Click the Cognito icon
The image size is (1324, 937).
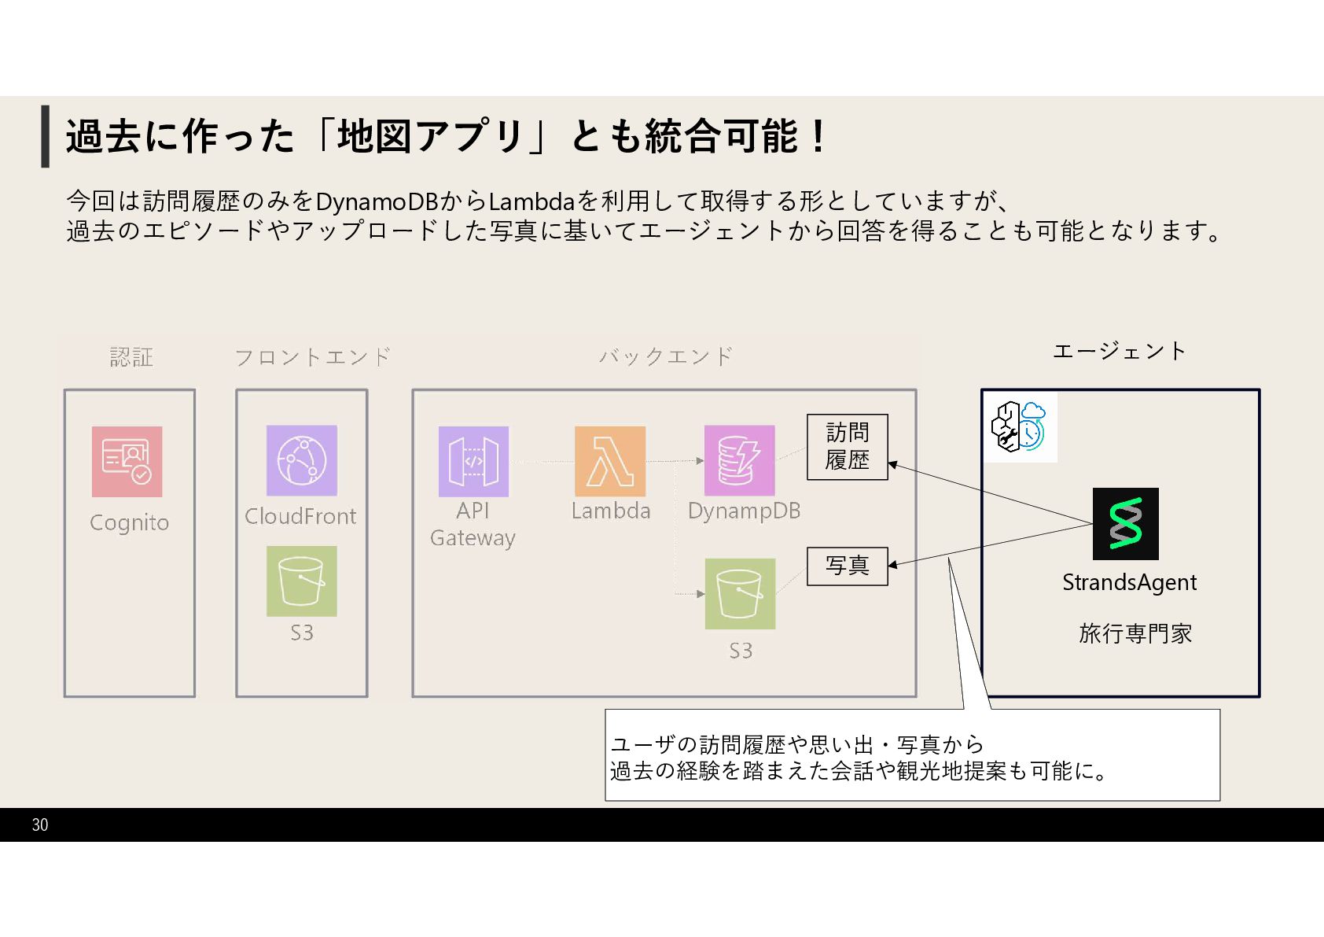127,462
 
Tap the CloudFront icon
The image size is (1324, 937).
301,460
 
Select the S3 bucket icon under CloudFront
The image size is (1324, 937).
301,581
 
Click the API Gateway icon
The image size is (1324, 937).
473,462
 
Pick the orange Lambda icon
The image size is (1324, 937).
610,462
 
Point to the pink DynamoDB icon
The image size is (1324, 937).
739,461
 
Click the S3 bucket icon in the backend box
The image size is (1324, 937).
740,594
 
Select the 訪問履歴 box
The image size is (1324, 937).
847,447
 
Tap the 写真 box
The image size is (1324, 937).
847,566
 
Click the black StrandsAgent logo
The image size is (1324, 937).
1125,524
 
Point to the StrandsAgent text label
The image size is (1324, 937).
1129,583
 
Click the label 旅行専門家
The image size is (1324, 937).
1135,633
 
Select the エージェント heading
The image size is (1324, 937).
1119,351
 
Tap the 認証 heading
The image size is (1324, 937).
131,357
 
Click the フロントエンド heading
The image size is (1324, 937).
312,357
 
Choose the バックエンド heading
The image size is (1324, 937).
665,356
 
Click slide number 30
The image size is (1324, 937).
40,824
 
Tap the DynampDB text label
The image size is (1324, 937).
744,511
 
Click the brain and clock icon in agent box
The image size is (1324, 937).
1020,426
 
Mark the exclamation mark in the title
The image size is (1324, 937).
818,136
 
